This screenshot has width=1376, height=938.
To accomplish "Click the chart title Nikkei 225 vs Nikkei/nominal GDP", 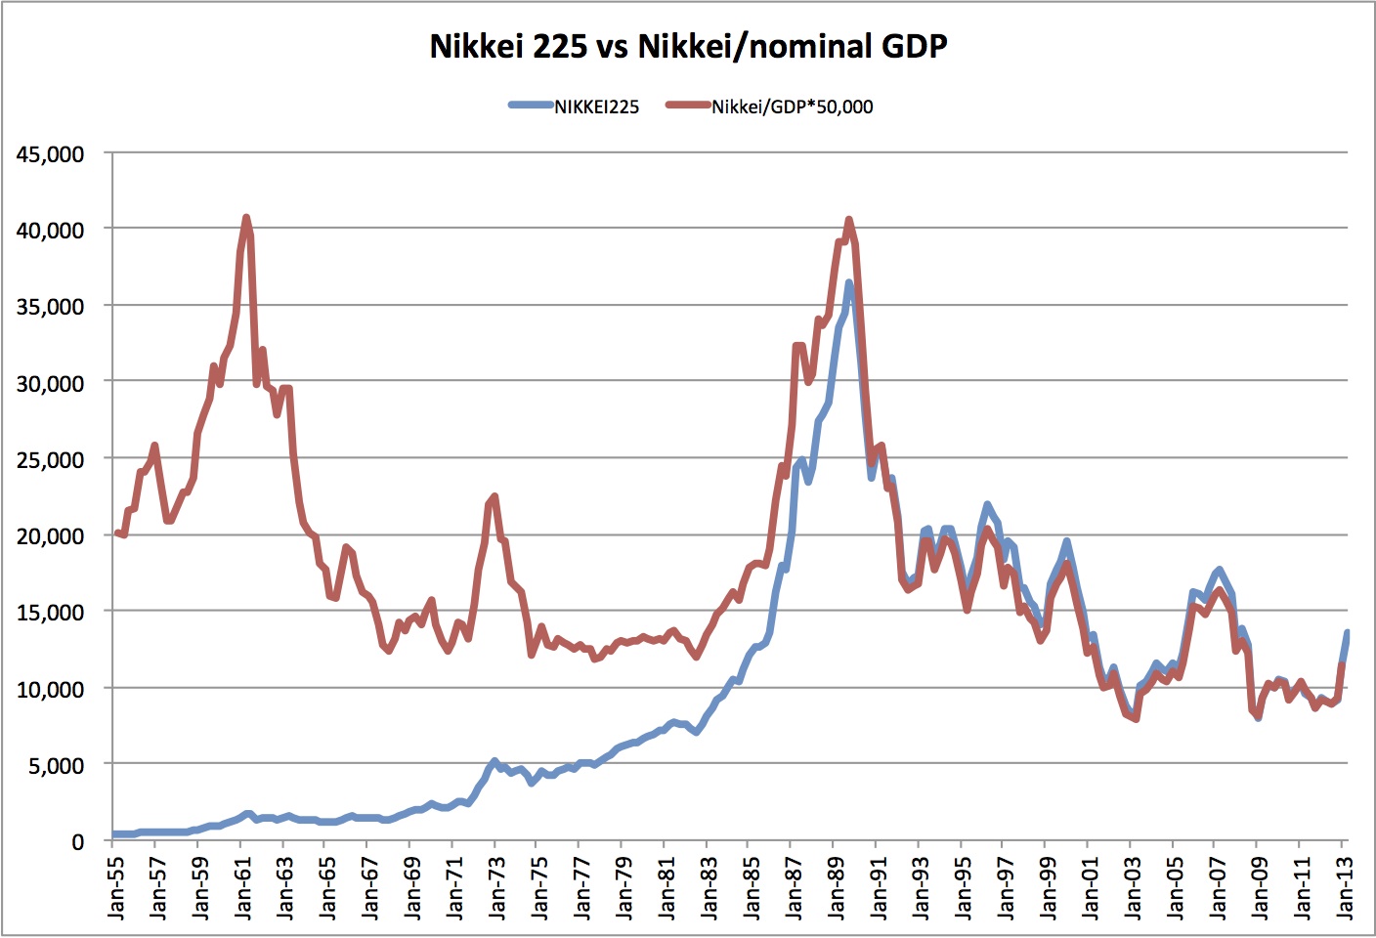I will [x=688, y=46].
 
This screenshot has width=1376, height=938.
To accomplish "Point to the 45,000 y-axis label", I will [x=50, y=154].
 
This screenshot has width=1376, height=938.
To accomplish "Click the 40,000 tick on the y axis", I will [x=50, y=231].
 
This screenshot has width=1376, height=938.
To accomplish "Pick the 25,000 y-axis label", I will [x=50, y=460].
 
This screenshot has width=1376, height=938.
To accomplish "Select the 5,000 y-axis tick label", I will [x=56, y=766].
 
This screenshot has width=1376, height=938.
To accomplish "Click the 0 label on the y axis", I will [x=77, y=842].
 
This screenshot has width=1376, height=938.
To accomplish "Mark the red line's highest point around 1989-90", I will [x=848, y=220].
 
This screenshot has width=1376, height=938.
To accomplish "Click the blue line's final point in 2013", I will [x=1347, y=633].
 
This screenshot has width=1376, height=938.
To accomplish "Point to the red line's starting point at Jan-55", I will [x=116, y=533].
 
